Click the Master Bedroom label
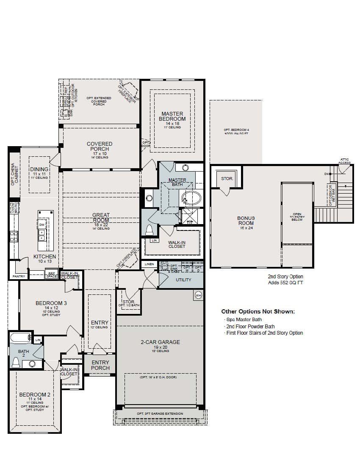[x=172, y=116]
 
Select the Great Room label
[x=101, y=218]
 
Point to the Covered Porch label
[x=100, y=147]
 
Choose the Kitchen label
[x=44, y=257]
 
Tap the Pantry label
[x=19, y=276]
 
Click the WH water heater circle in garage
[x=198, y=294]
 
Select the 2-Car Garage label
[x=160, y=342]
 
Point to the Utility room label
[x=183, y=280]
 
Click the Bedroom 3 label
[x=51, y=303]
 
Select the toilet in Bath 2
[x=16, y=363]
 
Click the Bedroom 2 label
[x=35, y=394]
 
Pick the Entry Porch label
[x=100, y=365]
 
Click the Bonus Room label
[x=246, y=220]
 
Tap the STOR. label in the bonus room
[x=227, y=179]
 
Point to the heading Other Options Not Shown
[x=258, y=311]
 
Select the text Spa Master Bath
[x=244, y=319]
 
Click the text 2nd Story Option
[x=285, y=277]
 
